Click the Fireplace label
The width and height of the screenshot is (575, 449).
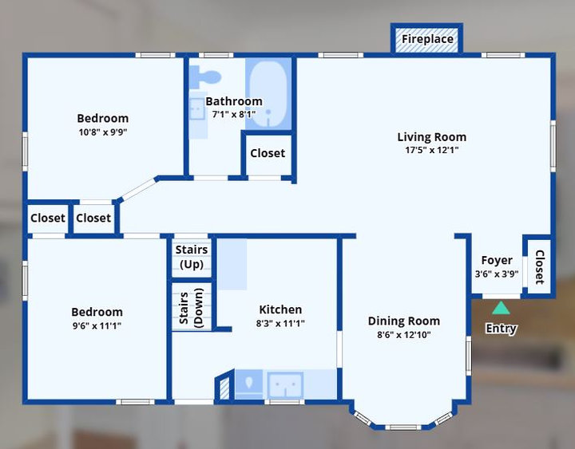point(427,39)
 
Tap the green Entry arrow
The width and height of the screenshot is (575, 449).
point(501,308)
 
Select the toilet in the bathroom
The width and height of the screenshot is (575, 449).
point(205,77)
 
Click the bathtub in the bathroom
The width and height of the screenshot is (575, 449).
point(268,94)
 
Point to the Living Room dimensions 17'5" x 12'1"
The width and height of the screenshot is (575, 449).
point(431,150)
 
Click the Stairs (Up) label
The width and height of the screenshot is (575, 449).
point(192,257)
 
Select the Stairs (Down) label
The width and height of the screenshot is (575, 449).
point(191,308)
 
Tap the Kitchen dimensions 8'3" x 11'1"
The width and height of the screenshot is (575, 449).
point(280,323)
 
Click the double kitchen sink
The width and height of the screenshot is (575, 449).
point(285,385)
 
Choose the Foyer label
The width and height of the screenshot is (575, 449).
point(497,261)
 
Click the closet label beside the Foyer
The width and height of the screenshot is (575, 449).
point(539,267)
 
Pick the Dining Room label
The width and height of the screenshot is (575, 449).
point(404,321)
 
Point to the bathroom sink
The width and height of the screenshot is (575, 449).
point(197,108)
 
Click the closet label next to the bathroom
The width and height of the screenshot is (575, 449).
point(268,153)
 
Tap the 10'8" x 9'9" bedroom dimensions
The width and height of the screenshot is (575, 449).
point(103,132)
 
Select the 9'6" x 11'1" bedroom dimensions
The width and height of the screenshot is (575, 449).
point(97,325)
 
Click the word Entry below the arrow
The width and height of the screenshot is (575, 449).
point(501,328)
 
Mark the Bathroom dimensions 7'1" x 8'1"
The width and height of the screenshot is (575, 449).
point(233,114)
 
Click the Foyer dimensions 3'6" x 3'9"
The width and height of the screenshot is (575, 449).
point(497,274)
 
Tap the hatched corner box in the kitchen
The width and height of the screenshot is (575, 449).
point(224,388)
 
